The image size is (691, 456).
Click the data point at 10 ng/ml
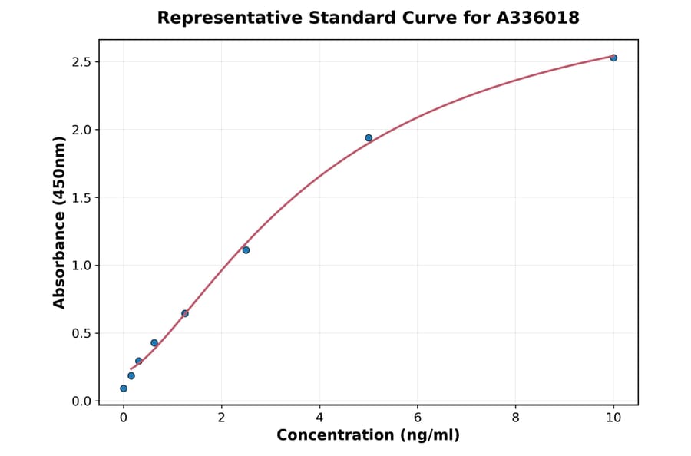tap(613, 58)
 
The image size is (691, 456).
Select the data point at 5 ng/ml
tap(369, 138)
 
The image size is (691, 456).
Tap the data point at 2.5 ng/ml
tap(246, 250)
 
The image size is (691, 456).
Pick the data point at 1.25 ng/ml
tap(185, 313)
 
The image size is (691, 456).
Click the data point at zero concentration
tap(124, 388)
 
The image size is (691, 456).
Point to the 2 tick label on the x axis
tap(221, 418)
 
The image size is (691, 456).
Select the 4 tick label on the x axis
tap(319, 418)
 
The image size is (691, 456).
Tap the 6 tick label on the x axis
tap(418, 418)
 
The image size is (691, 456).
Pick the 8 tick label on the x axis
tap(515, 418)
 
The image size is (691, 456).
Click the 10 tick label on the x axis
tap(613, 418)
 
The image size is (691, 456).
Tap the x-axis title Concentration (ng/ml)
tap(369, 435)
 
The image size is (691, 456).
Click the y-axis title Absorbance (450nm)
tap(60, 222)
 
